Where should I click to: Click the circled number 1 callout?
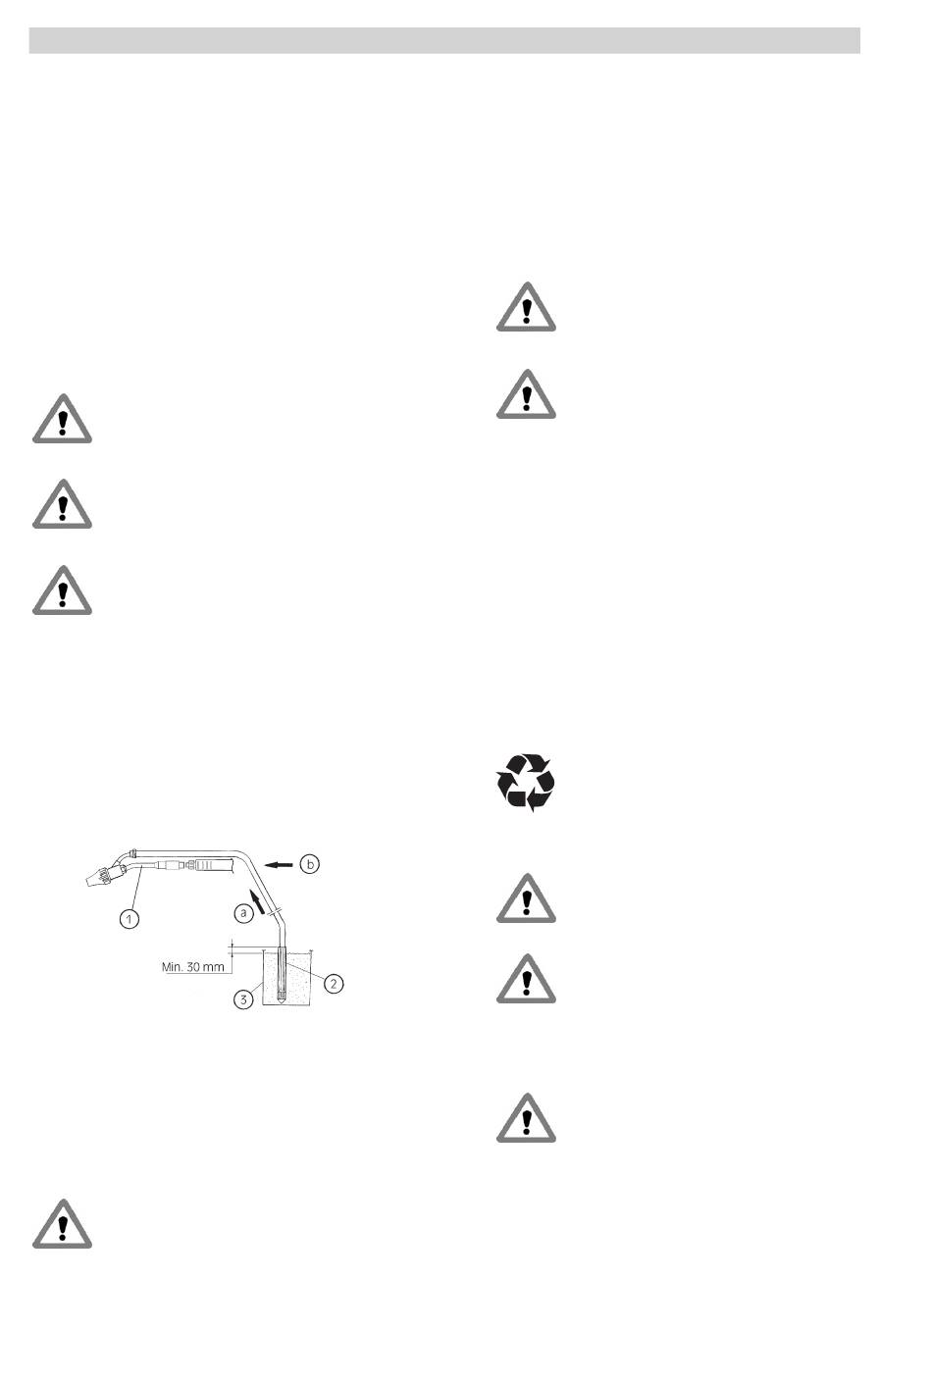click(129, 919)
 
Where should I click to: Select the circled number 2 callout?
click(334, 982)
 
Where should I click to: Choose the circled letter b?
click(310, 864)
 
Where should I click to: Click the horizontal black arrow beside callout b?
click(280, 864)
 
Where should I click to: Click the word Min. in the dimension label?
click(173, 966)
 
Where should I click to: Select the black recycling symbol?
click(526, 782)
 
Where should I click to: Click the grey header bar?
click(444, 39)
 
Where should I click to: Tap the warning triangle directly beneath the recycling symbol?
click(526, 898)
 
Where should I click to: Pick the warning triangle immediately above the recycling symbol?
click(526, 394)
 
